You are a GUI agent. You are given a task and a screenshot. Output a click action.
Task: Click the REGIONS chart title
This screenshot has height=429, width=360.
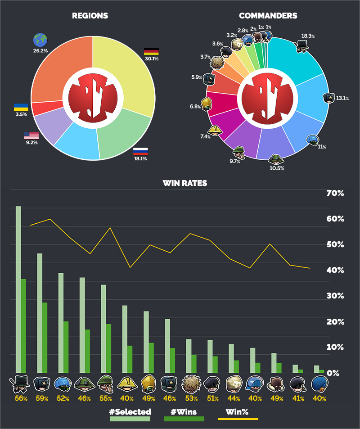click(x=90, y=16)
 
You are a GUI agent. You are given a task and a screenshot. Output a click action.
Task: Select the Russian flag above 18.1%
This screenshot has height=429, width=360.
click(x=140, y=151)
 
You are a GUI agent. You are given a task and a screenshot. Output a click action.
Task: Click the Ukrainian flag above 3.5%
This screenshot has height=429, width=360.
click(x=21, y=107)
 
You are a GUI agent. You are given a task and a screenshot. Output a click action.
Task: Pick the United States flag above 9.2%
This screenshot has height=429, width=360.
click(x=31, y=135)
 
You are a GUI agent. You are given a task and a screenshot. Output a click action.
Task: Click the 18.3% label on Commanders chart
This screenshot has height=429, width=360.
click(x=308, y=36)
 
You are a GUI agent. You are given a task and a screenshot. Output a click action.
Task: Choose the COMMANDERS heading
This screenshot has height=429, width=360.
click(x=268, y=16)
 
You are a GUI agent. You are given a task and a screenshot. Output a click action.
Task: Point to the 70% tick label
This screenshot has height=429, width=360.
click(x=335, y=194)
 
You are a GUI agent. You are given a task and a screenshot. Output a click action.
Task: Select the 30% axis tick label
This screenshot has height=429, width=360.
click(x=335, y=296)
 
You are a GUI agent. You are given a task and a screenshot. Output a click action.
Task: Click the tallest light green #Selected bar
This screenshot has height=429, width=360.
click(x=18, y=288)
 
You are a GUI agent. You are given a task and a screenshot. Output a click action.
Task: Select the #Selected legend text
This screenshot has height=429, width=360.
click(x=130, y=411)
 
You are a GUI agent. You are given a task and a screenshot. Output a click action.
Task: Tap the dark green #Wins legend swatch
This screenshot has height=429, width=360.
click(x=184, y=419)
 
